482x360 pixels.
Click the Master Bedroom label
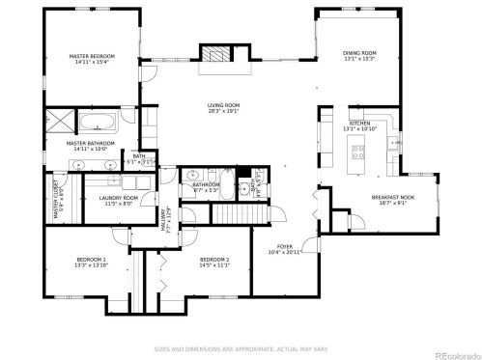(x=93, y=57)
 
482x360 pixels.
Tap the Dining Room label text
(x=359, y=53)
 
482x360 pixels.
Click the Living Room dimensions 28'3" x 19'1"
(x=223, y=112)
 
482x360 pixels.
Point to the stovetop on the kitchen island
(x=358, y=151)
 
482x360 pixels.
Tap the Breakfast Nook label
(x=392, y=197)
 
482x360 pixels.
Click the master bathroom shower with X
(x=59, y=121)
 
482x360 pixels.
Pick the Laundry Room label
(x=119, y=198)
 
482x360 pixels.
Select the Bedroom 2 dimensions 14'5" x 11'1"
(x=214, y=265)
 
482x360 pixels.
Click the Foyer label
(x=285, y=246)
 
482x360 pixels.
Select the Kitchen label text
(x=359, y=124)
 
